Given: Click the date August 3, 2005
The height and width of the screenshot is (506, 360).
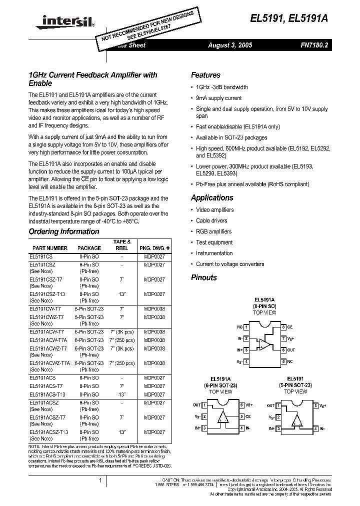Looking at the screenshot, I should [230, 45].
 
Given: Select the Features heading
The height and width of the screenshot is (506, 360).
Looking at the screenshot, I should [205, 75].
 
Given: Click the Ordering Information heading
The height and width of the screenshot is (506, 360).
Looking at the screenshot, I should [64, 231].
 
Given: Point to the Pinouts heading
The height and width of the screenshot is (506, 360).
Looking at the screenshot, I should [204, 277].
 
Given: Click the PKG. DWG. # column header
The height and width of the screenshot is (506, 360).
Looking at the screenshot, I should [154, 248].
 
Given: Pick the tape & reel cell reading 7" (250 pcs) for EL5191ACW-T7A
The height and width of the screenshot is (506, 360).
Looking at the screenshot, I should [122, 340].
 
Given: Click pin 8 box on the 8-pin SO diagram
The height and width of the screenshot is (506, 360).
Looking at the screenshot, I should [283, 327].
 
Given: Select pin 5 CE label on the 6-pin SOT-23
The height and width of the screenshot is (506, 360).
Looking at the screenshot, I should [248, 416].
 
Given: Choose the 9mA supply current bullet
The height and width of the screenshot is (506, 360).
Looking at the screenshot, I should [218, 98].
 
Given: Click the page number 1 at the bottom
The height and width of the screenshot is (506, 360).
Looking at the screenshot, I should [100, 481].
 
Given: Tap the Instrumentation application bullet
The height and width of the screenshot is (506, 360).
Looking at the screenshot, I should [214, 253].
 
